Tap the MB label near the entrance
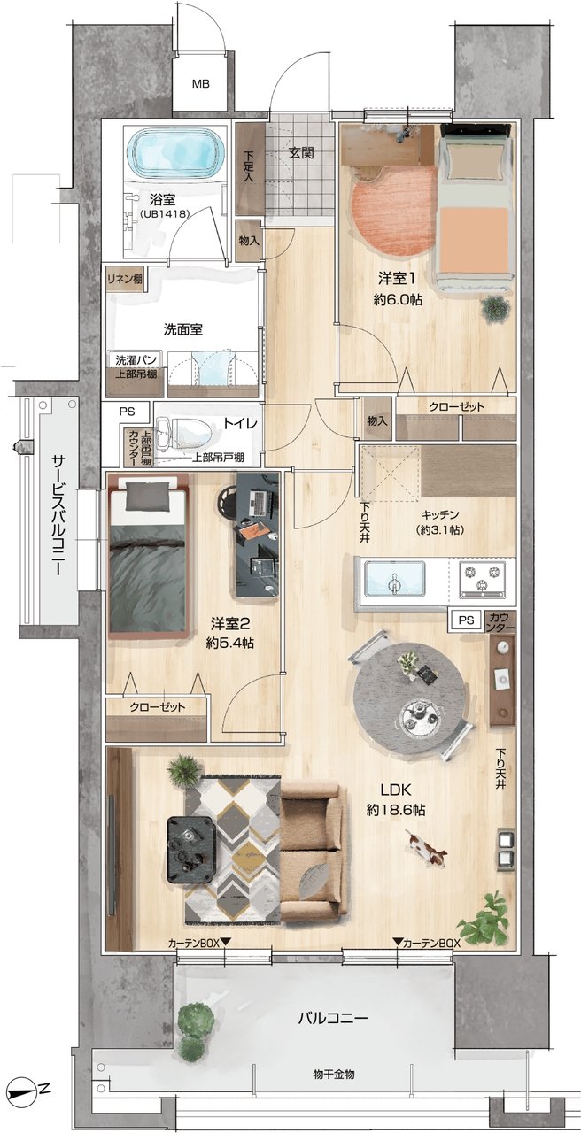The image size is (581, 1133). [x=200, y=84]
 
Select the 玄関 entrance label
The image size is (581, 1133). [x=301, y=153]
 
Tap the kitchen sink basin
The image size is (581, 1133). [x=395, y=582]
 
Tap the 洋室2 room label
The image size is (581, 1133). [x=231, y=624]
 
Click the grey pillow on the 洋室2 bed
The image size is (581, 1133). [x=147, y=496]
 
